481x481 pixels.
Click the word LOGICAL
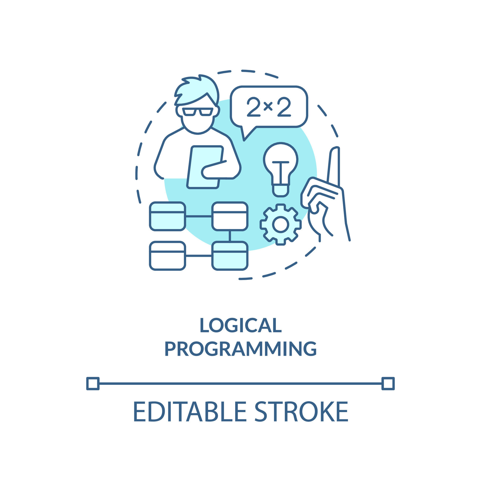click(x=241, y=325)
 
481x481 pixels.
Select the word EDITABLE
click(x=190, y=412)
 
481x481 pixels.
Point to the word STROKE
click(x=301, y=412)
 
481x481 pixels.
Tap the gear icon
click(x=281, y=224)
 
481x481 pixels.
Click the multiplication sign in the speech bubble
click(x=268, y=106)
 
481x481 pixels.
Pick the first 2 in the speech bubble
click(x=254, y=107)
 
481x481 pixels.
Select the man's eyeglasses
click(x=197, y=112)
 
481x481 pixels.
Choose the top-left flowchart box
click(x=168, y=216)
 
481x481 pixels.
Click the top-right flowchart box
click(x=230, y=216)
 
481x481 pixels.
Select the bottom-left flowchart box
click(x=168, y=256)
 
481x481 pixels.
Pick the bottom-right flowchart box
click(x=230, y=256)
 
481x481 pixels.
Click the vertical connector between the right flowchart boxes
click(x=230, y=236)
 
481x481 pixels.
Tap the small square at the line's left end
click(x=93, y=384)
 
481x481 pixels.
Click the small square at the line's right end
click(x=388, y=384)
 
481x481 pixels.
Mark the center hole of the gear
click(x=281, y=224)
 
